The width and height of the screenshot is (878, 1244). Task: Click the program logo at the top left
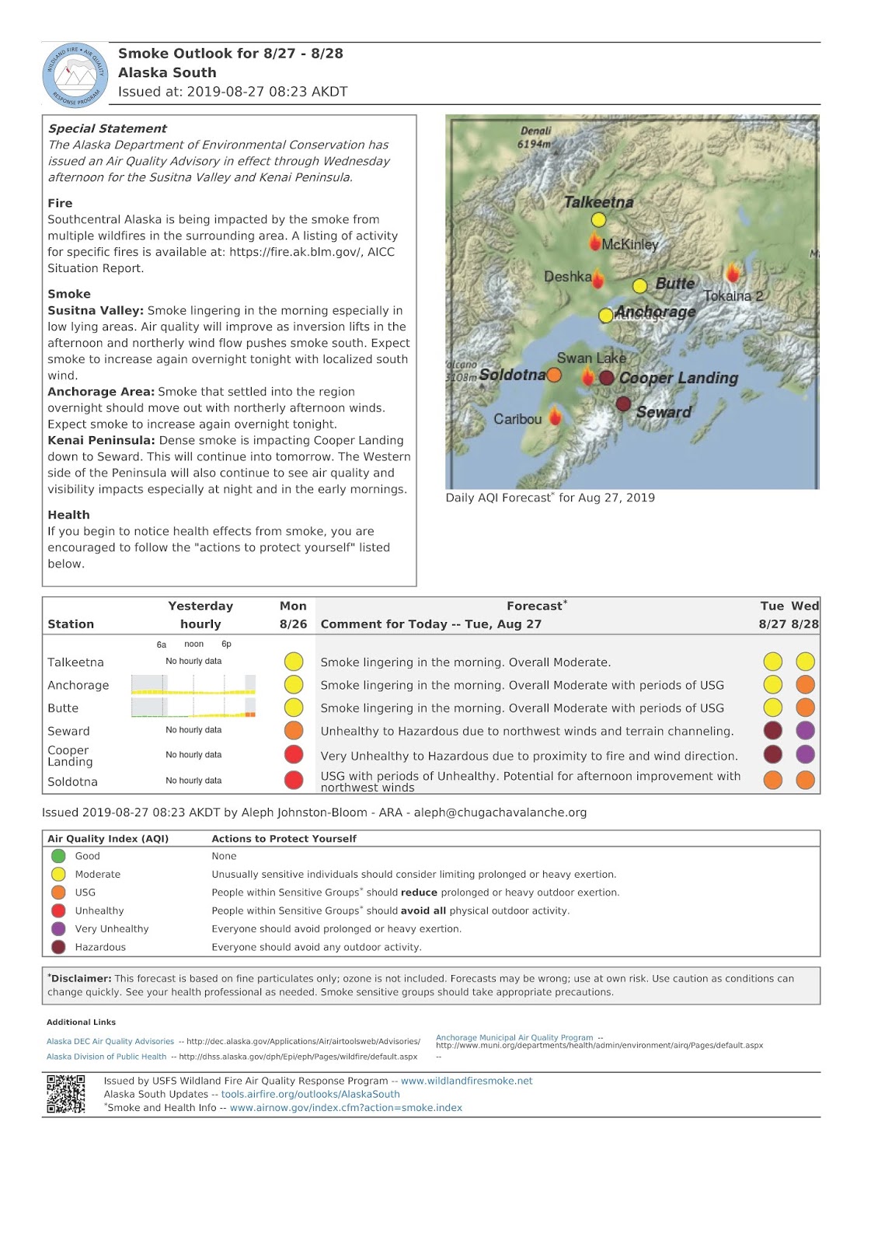coord(75,75)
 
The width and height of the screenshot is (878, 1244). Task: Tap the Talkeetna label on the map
coord(598,202)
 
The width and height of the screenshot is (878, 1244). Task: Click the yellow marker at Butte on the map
coord(639,286)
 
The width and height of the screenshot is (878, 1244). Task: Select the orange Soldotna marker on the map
coord(554,376)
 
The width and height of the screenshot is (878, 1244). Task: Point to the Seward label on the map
coord(664,412)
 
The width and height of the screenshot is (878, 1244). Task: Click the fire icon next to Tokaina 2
coord(732,273)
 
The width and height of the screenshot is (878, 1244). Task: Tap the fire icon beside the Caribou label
coord(556,417)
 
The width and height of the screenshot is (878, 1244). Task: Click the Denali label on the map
coord(536,131)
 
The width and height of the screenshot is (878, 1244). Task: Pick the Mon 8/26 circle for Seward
coord(294,731)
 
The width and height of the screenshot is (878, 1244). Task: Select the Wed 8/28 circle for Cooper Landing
coord(805,754)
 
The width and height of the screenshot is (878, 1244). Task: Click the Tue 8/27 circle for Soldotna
coord(772,780)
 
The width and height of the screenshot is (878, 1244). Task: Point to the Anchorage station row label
coord(78,686)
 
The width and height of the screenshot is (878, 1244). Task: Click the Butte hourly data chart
coord(193,708)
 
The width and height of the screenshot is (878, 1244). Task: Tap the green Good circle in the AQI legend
coord(58,856)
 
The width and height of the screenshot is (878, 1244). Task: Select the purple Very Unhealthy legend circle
coord(58,929)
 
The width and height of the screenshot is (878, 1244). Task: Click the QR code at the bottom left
coord(66,1094)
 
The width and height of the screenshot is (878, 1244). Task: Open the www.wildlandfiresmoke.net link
coord(466,1081)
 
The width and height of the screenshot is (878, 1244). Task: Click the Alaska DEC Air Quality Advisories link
coord(110,1041)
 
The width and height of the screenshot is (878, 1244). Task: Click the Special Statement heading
coord(107,129)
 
